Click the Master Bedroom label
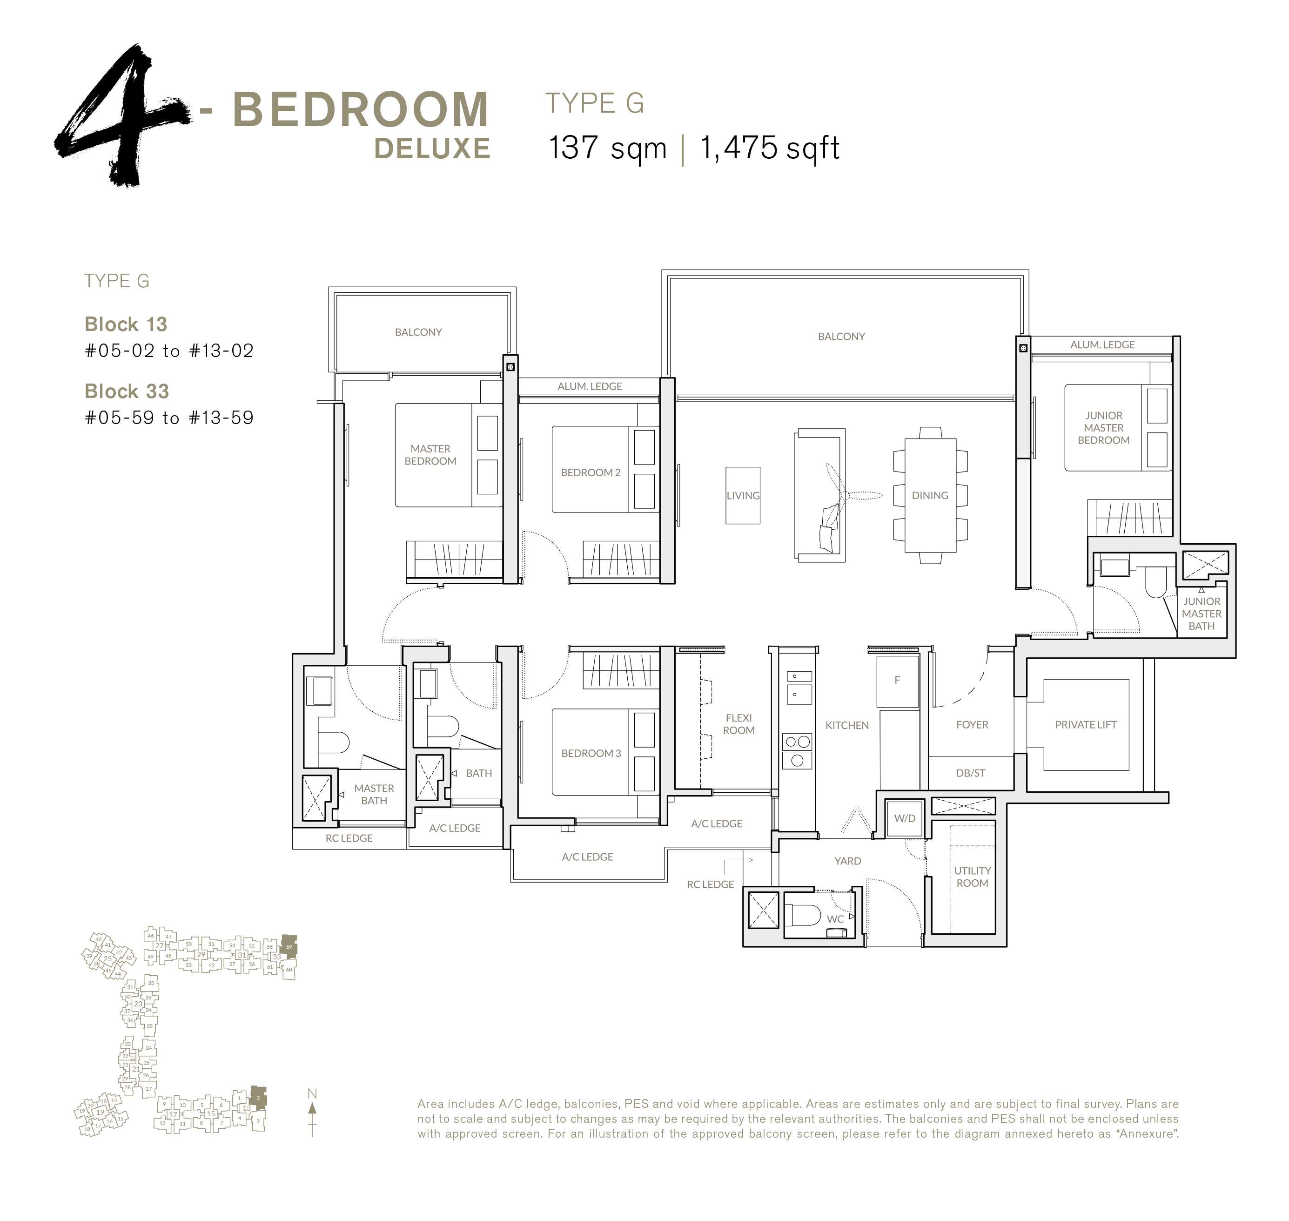coord(430,454)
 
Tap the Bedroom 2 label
coord(590,472)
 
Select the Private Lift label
coord(1085,724)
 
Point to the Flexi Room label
coord(738,724)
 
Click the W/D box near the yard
coord(905,818)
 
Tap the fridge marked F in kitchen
coord(897,680)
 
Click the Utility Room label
coord(972,877)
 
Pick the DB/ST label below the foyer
coord(970,773)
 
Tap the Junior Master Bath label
coord(1201,614)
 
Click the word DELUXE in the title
coord(432,149)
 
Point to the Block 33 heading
coord(127,391)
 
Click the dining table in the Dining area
coord(930,495)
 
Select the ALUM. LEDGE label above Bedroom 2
coord(590,386)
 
